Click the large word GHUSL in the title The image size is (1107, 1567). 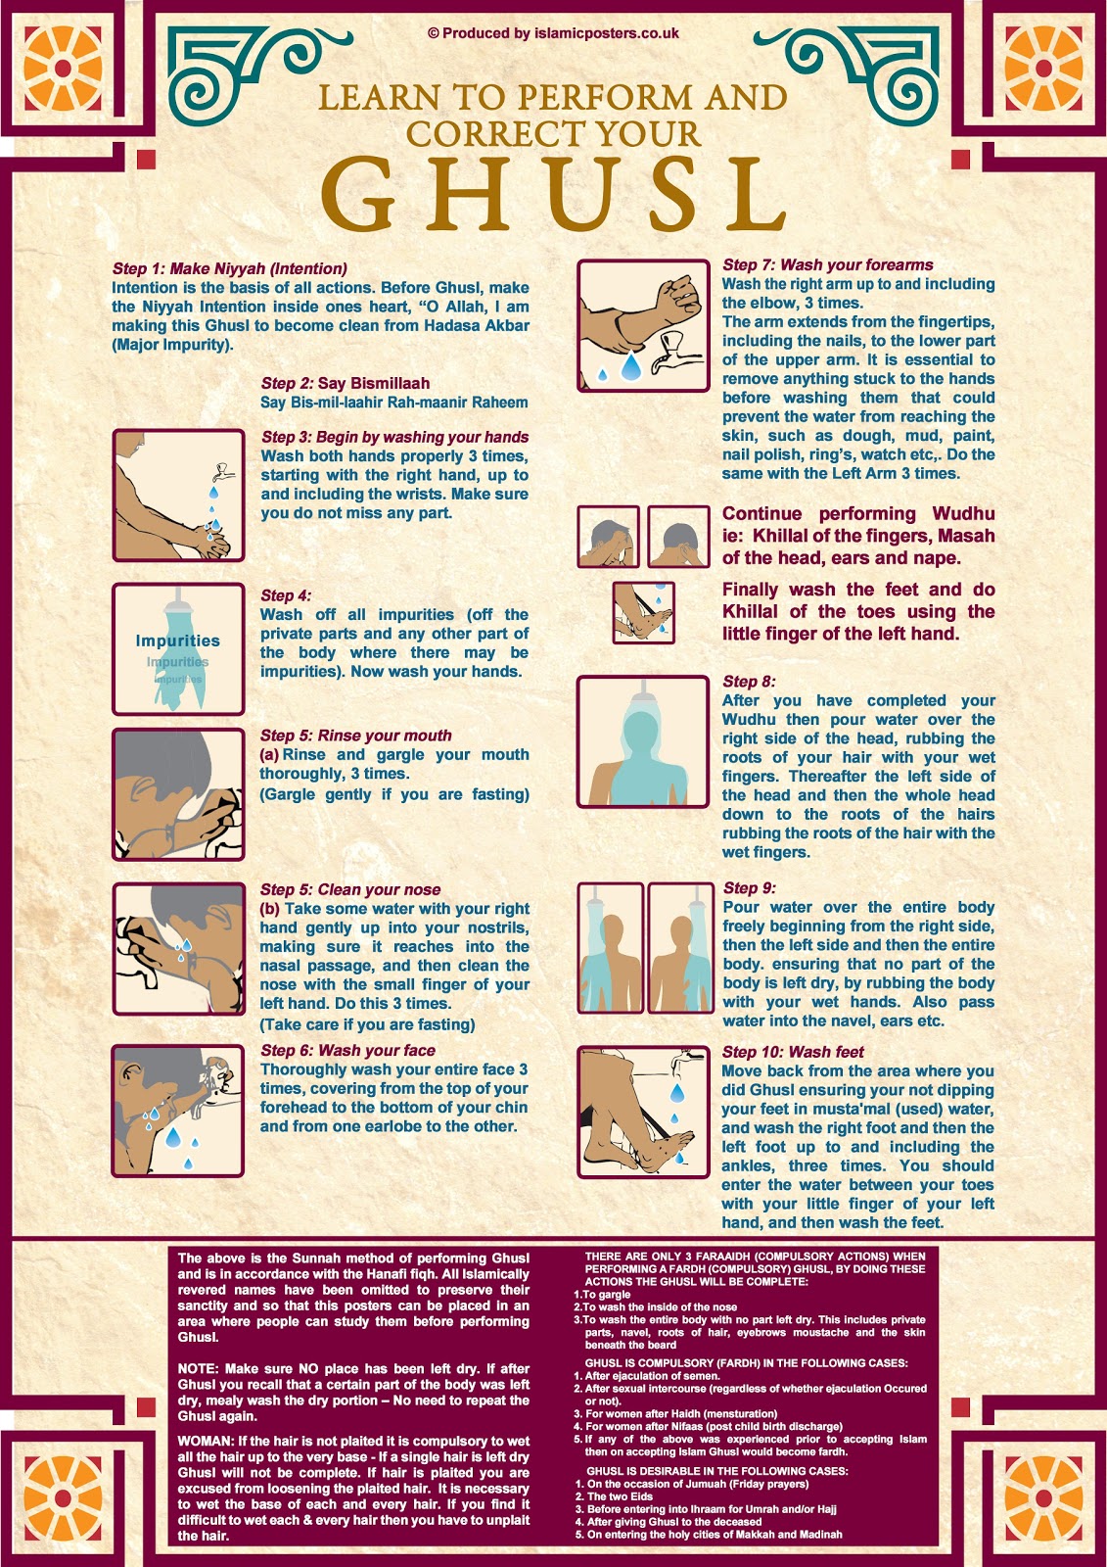click(553, 196)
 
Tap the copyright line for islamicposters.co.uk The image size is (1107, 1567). click(553, 33)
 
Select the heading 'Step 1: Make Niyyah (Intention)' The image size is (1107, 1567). click(230, 268)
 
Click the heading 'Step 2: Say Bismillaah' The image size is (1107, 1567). click(346, 383)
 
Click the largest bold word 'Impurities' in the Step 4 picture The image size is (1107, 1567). click(177, 641)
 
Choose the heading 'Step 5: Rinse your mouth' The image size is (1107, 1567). click(356, 736)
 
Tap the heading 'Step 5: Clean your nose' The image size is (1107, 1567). click(350, 889)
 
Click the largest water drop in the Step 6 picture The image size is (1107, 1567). click(173, 1136)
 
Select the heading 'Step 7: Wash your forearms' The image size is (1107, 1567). click(828, 264)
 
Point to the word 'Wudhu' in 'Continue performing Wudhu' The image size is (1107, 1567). click(963, 513)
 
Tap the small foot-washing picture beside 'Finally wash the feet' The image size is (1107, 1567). click(643, 613)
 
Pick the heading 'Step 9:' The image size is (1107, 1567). click(750, 888)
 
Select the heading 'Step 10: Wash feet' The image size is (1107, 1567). click(793, 1052)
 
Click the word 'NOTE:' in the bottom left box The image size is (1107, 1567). click(199, 1368)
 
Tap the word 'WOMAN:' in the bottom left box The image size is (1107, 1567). click(206, 1441)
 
